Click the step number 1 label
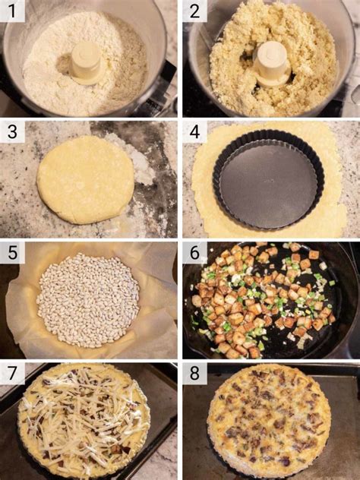point(12,11)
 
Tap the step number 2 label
point(194,11)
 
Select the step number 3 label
point(12,131)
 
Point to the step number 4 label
point(194,131)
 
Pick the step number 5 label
point(12,253)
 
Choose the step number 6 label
point(194,253)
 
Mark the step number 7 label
point(12,374)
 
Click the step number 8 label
point(194,374)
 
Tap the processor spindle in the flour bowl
point(85,63)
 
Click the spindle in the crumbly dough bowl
point(272,63)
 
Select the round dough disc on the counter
point(85,180)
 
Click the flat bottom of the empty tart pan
point(268,183)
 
